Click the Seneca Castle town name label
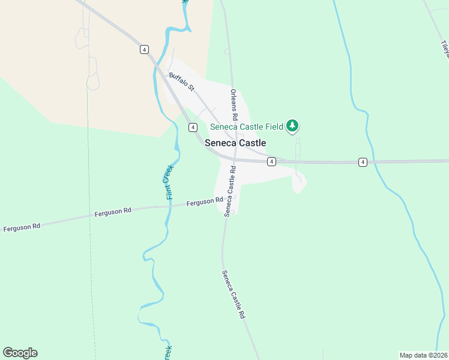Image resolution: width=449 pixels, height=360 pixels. point(235,143)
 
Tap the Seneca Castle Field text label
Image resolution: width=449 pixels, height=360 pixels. point(247,127)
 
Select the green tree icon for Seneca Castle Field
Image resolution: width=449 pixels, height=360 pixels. point(292,125)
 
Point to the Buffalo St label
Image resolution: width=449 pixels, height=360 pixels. point(182,82)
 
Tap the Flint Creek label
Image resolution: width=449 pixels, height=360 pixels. point(169,182)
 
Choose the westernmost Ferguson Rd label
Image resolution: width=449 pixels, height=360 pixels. point(22,227)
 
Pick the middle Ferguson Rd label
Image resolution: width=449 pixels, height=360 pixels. point(112,212)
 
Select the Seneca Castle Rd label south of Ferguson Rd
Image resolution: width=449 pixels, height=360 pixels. point(234,294)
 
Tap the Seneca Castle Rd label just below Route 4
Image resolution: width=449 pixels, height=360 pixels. point(230,191)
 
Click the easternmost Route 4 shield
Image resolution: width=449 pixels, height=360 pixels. point(363,162)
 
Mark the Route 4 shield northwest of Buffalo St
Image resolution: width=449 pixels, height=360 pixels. point(144,49)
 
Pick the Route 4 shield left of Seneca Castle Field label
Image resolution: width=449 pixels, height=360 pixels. point(193,127)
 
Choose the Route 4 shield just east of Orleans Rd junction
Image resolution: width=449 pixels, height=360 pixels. point(271,162)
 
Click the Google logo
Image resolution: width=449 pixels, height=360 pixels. point(20,353)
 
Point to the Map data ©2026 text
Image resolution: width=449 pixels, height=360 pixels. point(423,355)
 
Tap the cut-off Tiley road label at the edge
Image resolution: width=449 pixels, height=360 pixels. point(445,47)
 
